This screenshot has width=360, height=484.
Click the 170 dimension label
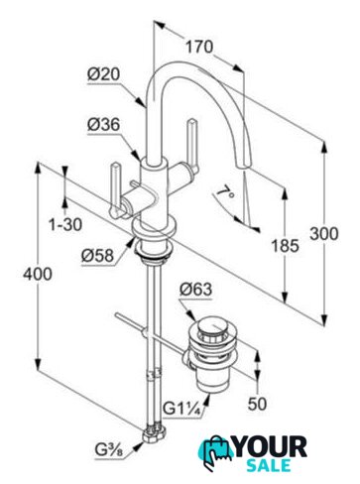click(x=199, y=47)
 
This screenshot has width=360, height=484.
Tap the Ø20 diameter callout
click(x=103, y=74)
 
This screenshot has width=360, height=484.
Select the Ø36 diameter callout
click(x=103, y=125)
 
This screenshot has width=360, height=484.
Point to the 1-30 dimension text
click(x=65, y=225)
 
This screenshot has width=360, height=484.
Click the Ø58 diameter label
click(x=98, y=255)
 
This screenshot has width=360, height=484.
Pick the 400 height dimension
click(x=38, y=274)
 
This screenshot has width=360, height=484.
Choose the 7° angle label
click(x=226, y=193)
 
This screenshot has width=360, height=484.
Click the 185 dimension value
click(x=285, y=245)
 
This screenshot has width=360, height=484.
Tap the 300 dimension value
click(x=324, y=234)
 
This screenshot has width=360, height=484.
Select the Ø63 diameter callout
click(x=195, y=290)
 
